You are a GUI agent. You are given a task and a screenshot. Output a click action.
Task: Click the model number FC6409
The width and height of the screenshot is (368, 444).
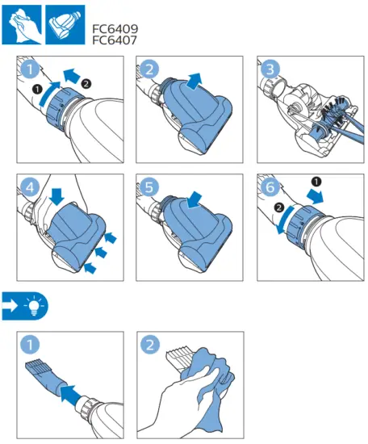click(x=115, y=29)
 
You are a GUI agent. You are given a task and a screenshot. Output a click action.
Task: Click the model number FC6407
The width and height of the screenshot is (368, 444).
click(x=115, y=40)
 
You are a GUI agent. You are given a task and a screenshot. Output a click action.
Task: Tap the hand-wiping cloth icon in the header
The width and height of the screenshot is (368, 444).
click(x=22, y=25)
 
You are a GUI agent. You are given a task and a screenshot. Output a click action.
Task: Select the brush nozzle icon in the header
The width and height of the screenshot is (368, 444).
click(x=65, y=25)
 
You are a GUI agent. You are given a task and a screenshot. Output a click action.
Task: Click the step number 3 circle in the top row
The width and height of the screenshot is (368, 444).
click(x=270, y=69)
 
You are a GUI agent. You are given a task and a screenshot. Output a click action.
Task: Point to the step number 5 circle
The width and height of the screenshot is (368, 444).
click(x=149, y=187)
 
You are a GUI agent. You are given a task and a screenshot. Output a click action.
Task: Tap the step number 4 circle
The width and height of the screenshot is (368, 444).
click(x=30, y=187)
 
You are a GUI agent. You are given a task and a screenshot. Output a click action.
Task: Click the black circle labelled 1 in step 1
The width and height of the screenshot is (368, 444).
click(x=37, y=90)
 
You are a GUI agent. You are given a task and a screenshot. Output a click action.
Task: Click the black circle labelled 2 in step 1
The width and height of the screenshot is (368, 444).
click(x=86, y=84)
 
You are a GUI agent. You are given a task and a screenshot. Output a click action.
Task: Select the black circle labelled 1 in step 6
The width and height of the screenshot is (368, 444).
click(x=316, y=181)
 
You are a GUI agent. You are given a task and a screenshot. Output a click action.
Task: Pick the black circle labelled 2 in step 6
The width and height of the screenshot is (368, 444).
click(x=279, y=207)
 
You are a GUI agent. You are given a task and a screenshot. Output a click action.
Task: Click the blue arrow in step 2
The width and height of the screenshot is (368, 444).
click(x=194, y=81)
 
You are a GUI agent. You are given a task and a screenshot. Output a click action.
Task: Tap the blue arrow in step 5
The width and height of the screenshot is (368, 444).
click(x=194, y=200)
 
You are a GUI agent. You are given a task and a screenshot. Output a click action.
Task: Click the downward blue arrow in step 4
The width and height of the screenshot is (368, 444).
click(x=56, y=196)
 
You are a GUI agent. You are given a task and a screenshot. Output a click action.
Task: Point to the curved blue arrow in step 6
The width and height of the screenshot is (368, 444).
click(x=284, y=220)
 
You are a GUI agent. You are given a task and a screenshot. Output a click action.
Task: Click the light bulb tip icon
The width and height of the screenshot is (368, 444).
click(x=34, y=306)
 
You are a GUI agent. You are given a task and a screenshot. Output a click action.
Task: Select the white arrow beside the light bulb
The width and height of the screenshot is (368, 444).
click(x=10, y=306)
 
